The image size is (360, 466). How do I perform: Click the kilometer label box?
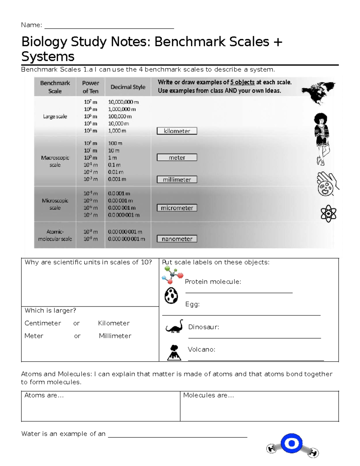pyautogui.click(x=177, y=131)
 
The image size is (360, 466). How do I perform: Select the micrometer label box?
pyautogui.click(x=177, y=208)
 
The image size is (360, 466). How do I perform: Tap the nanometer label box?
pyautogui.click(x=177, y=239)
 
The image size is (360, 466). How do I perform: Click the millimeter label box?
pyautogui.click(x=177, y=179)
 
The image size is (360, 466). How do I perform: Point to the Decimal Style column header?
pyautogui.click(x=128, y=87)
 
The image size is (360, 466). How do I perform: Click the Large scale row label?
pyautogui.click(x=55, y=116)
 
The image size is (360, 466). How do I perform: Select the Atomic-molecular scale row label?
pyautogui.click(x=55, y=235)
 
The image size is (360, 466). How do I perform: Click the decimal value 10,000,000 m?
pyautogui.click(x=123, y=102)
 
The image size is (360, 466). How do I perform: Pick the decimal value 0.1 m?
pyautogui.click(x=114, y=165)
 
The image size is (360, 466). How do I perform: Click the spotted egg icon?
pyautogui.click(x=171, y=296)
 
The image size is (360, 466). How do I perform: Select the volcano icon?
pyautogui.click(x=174, y=353)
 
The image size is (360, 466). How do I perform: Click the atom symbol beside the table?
pyautogui.click(x=328, y=214)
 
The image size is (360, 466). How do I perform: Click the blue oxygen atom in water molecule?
pyautogui.click(x=292, y=443)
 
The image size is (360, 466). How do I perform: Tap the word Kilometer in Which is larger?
pyautogui.click(x=114, y=323)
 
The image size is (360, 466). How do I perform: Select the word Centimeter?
pyautogui.click(x=43, y=323)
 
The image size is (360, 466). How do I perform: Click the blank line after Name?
pyautogui.click(x=109, y=26)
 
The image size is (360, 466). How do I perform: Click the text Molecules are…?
pyautogui.click(x=208, y=395)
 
